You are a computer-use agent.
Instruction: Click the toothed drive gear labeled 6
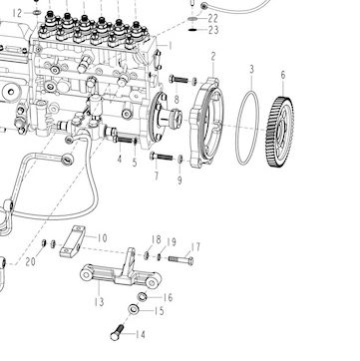point(280,133)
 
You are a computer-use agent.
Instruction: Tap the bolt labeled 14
point(117,332)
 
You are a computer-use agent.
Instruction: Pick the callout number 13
point(99,302)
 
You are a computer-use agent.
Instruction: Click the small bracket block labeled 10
point(72,241)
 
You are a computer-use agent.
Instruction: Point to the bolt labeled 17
point(180,259)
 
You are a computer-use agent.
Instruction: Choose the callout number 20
point(30,262)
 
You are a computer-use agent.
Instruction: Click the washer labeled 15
point(134,309)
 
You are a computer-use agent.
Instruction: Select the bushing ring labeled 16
point(143,296)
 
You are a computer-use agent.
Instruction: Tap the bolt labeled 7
point(162,156)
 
